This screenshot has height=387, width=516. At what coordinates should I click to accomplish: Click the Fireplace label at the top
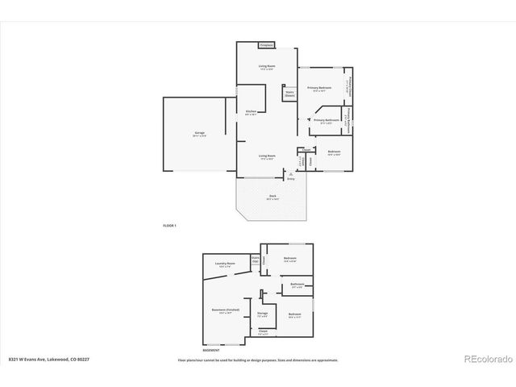265,45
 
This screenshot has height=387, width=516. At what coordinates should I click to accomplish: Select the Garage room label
199,133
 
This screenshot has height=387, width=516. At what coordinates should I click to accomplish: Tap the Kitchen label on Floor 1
251,112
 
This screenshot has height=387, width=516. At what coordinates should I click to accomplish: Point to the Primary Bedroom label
319,88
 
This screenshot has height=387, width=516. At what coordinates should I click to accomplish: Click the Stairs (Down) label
289,94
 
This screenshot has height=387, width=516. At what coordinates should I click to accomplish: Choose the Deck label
273,197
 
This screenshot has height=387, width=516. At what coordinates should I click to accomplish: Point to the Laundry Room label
225,264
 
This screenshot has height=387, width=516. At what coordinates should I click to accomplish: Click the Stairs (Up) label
256,260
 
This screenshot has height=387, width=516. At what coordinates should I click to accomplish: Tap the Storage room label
262,313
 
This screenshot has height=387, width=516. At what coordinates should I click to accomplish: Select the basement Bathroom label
297,284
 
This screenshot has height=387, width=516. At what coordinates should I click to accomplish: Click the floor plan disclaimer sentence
258,360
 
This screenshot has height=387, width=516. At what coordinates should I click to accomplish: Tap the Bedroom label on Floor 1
334,152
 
